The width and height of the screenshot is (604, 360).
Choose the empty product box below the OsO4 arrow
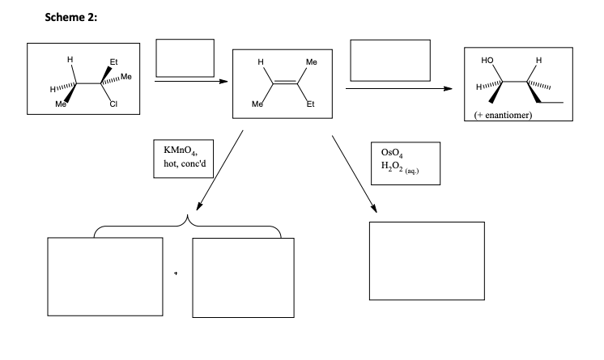click(x=426, y=260)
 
